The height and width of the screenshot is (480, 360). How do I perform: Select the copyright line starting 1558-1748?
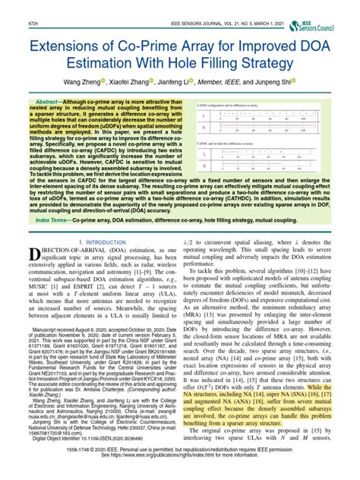tap(180, 463)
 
